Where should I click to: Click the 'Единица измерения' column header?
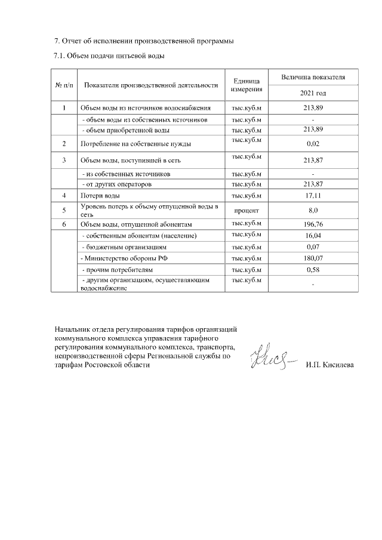247,85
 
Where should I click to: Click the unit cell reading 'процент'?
247,210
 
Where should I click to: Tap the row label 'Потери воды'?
100,196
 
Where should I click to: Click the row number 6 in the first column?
64,224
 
